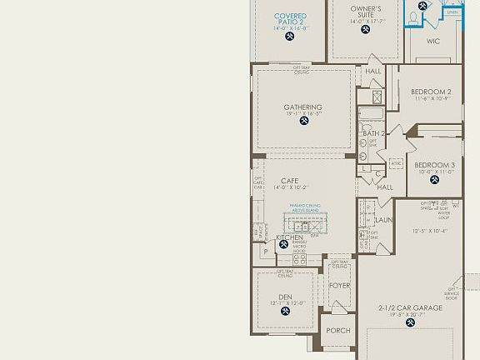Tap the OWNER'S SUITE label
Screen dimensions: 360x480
click(365, 12)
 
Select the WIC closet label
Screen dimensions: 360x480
click(433, 40)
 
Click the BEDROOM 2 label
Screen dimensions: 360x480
click(432, 92)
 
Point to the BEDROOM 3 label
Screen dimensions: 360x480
click(434, 165)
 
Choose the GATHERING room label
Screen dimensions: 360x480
click(303, 107)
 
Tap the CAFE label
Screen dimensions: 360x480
click(289, 181)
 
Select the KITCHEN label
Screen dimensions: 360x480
click(289, 237)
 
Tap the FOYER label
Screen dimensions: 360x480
click(339, 285)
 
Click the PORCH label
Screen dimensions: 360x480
click(338, 330)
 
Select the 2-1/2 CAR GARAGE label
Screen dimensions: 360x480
click(410, 307)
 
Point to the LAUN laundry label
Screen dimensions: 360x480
click(383, 220)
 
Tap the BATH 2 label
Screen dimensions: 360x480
click(373, 133)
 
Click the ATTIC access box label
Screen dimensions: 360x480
click(396, 163)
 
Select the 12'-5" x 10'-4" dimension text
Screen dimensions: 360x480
click(430, 231)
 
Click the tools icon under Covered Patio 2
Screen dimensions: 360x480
click(289, 36)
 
